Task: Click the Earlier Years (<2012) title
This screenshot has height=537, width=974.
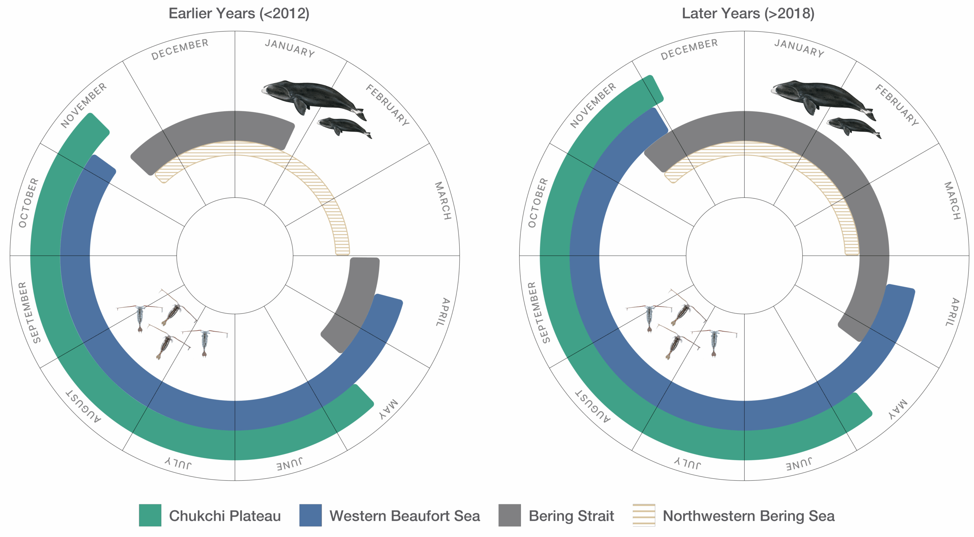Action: tap(239, 13)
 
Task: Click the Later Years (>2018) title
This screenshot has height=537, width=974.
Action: tap(748, 13)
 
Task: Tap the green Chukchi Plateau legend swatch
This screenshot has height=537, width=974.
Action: tap(150, 515)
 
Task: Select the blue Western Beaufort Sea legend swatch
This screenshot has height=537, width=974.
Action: tap(310, 515)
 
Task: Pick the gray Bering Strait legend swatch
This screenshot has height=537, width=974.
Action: tap(509, 515)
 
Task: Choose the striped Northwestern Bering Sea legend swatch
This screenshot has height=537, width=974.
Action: tap(643, 515)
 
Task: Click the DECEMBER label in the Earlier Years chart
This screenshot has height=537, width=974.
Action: tap(180, 49)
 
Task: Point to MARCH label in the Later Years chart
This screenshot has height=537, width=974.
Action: tap(952, 200)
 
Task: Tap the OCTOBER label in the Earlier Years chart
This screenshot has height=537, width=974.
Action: tap(29, 203)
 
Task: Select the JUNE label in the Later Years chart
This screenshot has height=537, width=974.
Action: tap(799, 464)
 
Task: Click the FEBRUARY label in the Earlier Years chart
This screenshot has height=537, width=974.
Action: tap(387, 105)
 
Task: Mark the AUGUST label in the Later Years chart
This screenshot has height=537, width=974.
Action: tap(593, 406)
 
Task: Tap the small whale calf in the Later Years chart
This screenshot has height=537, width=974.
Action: tap(852, 127)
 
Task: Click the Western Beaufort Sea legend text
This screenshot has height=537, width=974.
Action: tap(404, 516)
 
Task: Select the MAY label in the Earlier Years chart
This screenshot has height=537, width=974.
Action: tap(388, 410)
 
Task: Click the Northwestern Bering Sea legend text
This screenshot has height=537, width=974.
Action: tap(748, 516)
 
